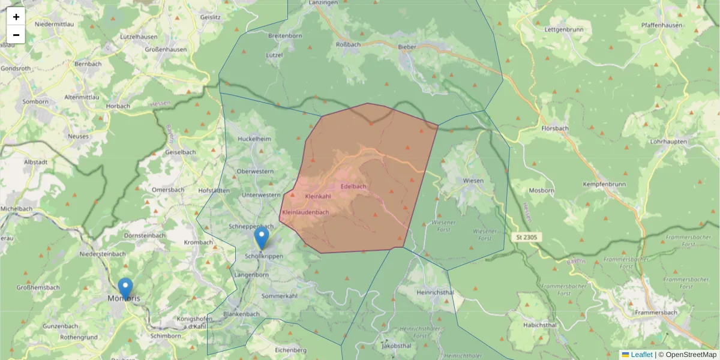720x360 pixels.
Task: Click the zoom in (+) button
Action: pyautogui.click(x=16, y=17)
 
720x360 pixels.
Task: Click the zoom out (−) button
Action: pyautogui.click(x=16, y=35)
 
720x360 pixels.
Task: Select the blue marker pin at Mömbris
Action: pyautogui.click(x=125, y=289)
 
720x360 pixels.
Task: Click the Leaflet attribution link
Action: pyautogui.click(x=641, y=355)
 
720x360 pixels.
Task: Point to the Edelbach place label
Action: pyautogui.click(x=353, y=187)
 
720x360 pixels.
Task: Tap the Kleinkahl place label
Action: pyautogui.click(x=318, y=197)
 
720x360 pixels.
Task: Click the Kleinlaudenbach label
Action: pyautogui.click(x=305, y=212)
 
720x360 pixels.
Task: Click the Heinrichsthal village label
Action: pyautogui.click(x=434, y=292)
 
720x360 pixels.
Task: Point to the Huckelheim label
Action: pyautogui.click(x=254, y=138)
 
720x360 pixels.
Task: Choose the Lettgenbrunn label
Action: pyautogui.click(x=563, y=29)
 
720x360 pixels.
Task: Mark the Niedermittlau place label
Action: pyautogui.click(x=55, y=24)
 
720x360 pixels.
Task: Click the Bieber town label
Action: pyautogui.click(x=407, y=46)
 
